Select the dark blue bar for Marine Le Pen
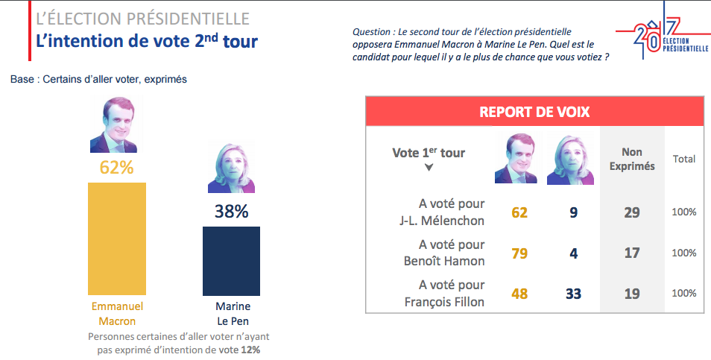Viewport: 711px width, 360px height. click(231, 261)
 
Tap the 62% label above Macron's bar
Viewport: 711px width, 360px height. click(116, 168)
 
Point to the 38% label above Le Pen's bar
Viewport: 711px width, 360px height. click(231, 212)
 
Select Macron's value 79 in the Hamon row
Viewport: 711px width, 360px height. click(519, 253)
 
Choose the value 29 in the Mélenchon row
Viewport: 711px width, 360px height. click(632, 212)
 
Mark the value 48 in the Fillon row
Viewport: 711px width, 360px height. click(519, 294)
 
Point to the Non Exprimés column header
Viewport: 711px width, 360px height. click(632, 160)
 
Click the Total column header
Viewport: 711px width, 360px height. click(684, 159)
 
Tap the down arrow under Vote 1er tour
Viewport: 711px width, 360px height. click(429, 168)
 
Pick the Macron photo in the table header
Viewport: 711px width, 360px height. click(516, 158)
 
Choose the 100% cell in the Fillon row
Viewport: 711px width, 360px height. click(684, 294)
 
